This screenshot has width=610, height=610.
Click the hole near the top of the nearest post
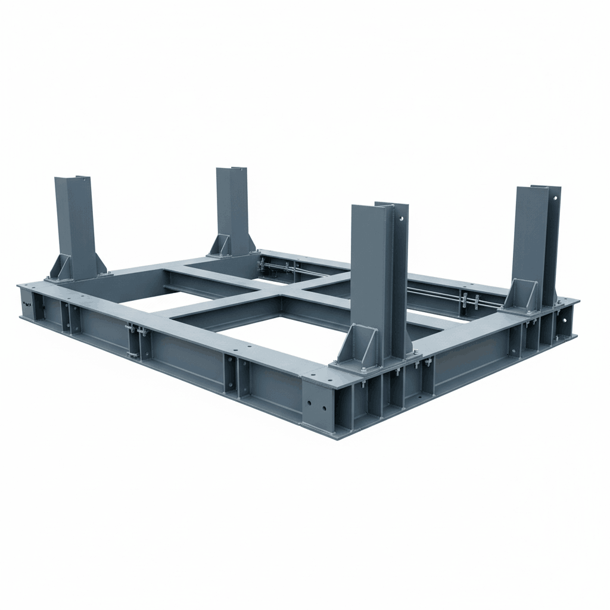point(401,219)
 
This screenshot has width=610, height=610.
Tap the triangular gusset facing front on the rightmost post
point(522,295)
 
